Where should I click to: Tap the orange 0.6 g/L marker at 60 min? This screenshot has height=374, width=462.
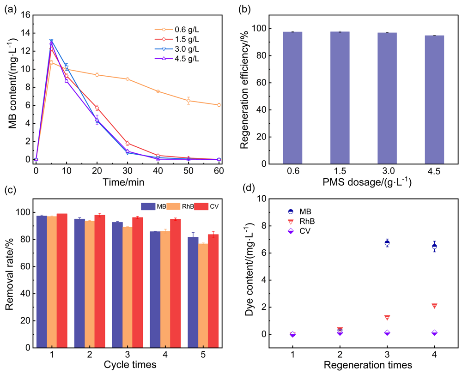point(219,105)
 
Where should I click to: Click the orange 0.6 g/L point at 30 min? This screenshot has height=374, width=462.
point(128,79)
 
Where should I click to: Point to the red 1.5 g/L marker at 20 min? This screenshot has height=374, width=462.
point(97,108)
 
